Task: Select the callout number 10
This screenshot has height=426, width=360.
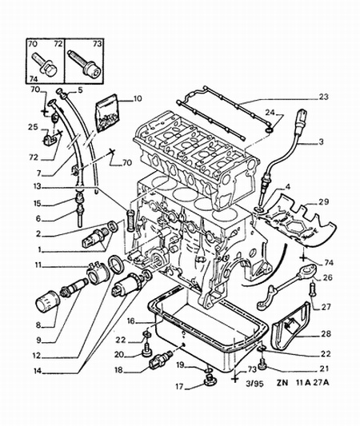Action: point(137,99)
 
